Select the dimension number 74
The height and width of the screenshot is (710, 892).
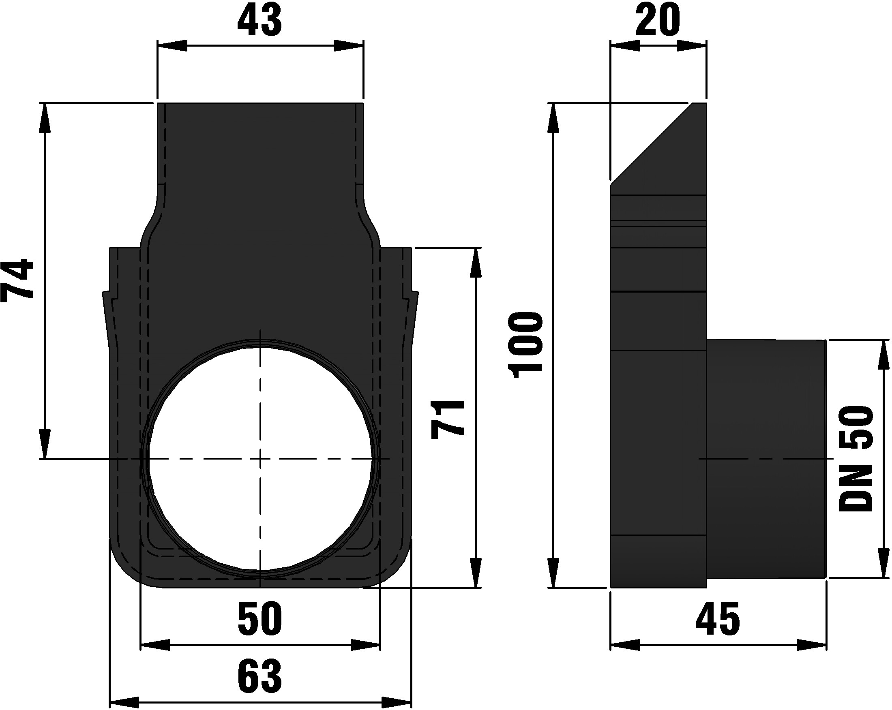pyautogui.click(x=17, y=280)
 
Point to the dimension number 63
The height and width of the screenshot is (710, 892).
pyautogui.click(x=260, y=677)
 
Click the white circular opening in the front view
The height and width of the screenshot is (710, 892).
pyautogui.click(x=260, y=459)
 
